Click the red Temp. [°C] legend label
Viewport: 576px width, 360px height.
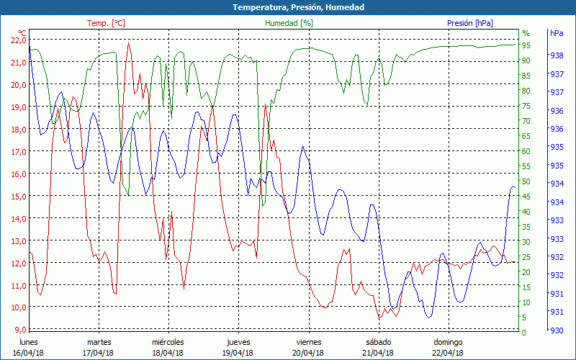click(x=106, y=23)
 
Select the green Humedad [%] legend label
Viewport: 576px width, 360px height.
click(x=289, y=23)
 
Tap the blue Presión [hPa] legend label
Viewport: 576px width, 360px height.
click(x=470, y=23)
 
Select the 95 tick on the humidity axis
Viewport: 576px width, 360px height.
click(x=526, y=45)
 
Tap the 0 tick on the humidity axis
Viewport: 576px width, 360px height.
click(x=524, y=333)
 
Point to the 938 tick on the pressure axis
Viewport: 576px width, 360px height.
click(x=557, y=55)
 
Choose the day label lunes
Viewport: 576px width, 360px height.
click(x=29, y=342)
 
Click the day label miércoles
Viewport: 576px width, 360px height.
click(x=168, y=342)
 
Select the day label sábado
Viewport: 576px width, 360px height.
click(x=378, y=342)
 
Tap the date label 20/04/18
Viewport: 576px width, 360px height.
click(x=307, y=353)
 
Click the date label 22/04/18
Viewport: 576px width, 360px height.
click(x=448, y=353)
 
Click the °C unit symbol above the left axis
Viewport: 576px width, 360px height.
click(x=22, y=33)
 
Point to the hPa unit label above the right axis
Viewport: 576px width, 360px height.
click(x=557, y=33)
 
